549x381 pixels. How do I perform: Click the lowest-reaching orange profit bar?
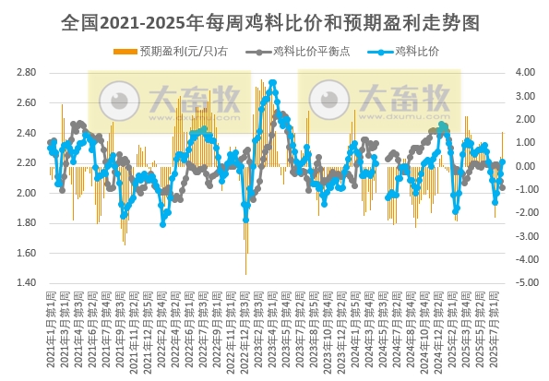[x=245, y=273]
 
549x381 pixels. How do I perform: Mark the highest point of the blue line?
[x=272, y=83]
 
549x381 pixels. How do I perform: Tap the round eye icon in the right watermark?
[x=328, y=99]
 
